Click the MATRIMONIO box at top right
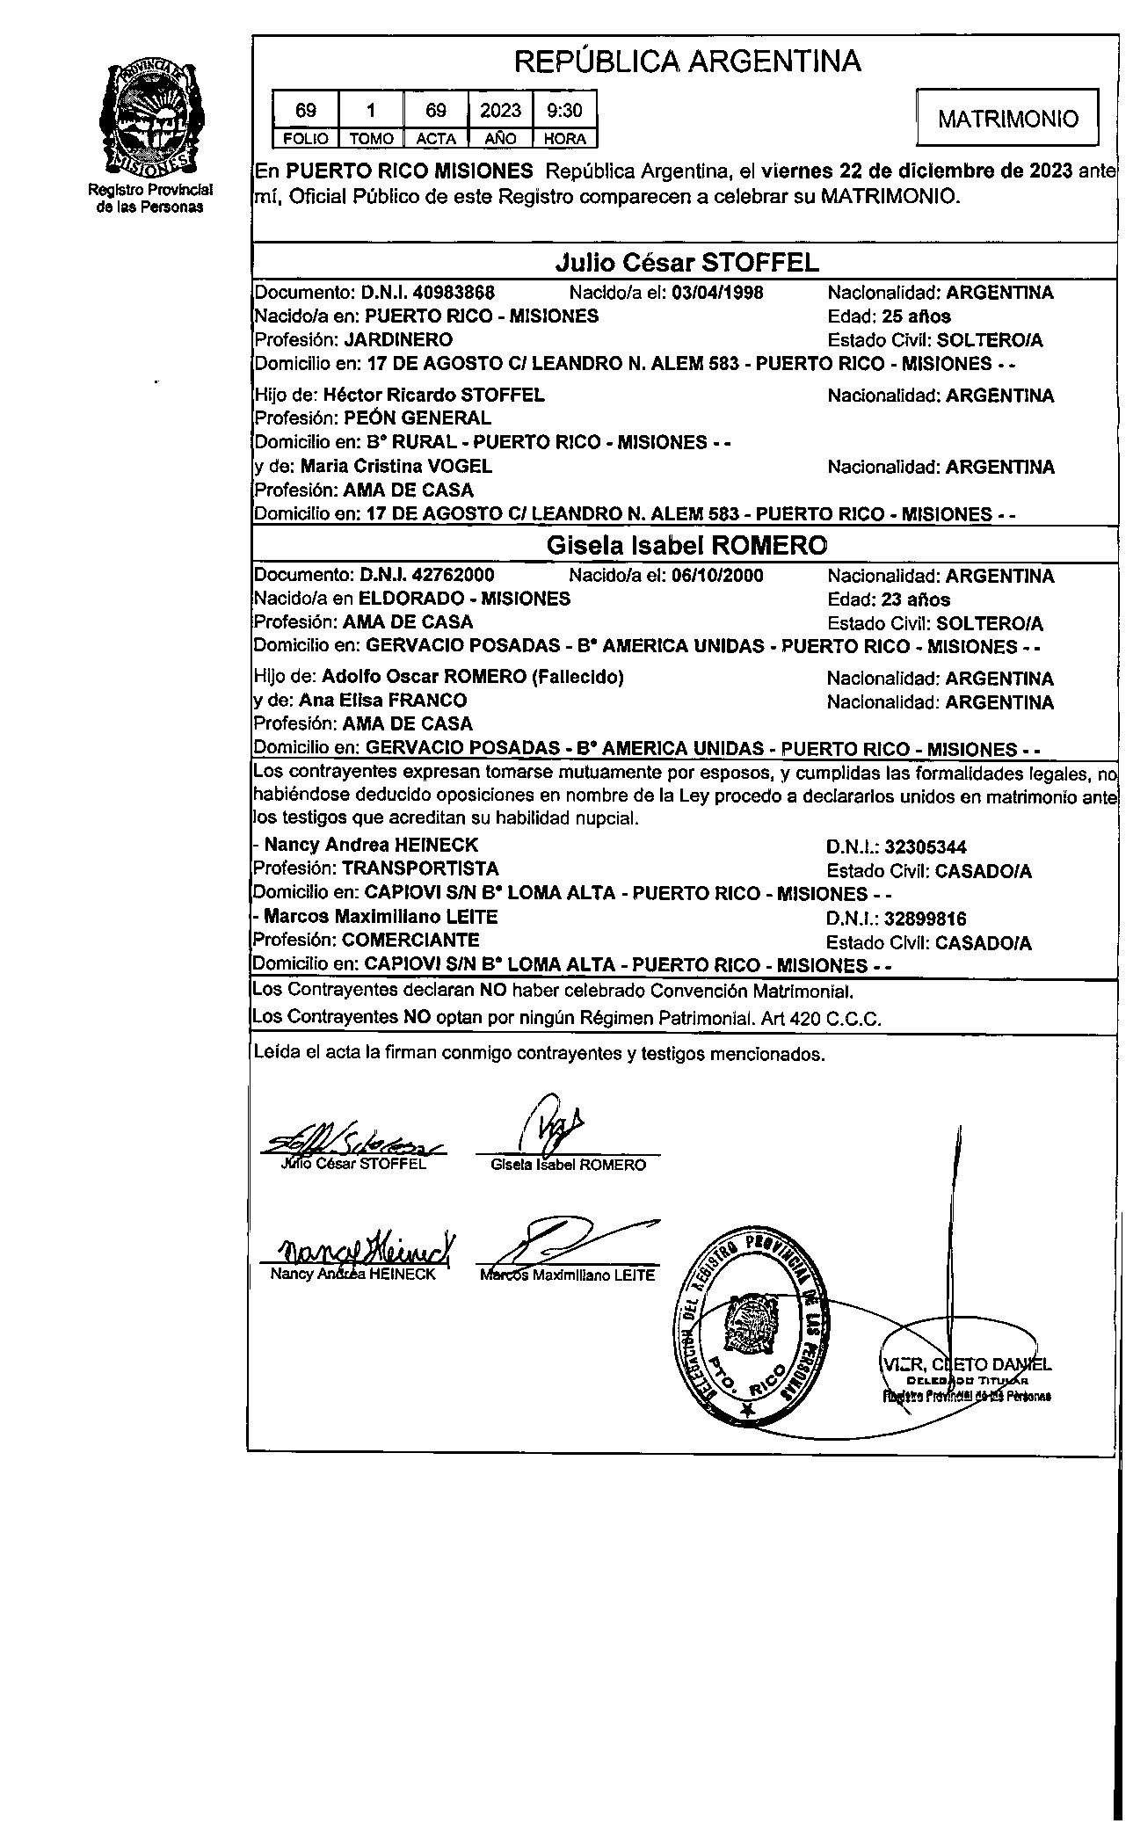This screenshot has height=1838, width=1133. [1007, 119]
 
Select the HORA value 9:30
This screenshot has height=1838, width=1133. [564, 111]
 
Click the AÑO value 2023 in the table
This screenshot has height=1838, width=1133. [500, 111]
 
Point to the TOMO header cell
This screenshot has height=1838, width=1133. [370, 139]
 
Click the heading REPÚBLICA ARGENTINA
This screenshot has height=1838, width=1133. [686, 62]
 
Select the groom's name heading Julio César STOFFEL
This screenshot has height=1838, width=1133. [686, 262]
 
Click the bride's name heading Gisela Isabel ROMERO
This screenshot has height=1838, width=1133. [686, 545]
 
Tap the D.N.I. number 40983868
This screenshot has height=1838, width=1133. [454, 293]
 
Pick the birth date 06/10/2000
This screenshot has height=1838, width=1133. [717, 576]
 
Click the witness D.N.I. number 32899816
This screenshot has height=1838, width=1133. [926, 919]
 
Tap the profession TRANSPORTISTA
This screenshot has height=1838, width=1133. [420, 869]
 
